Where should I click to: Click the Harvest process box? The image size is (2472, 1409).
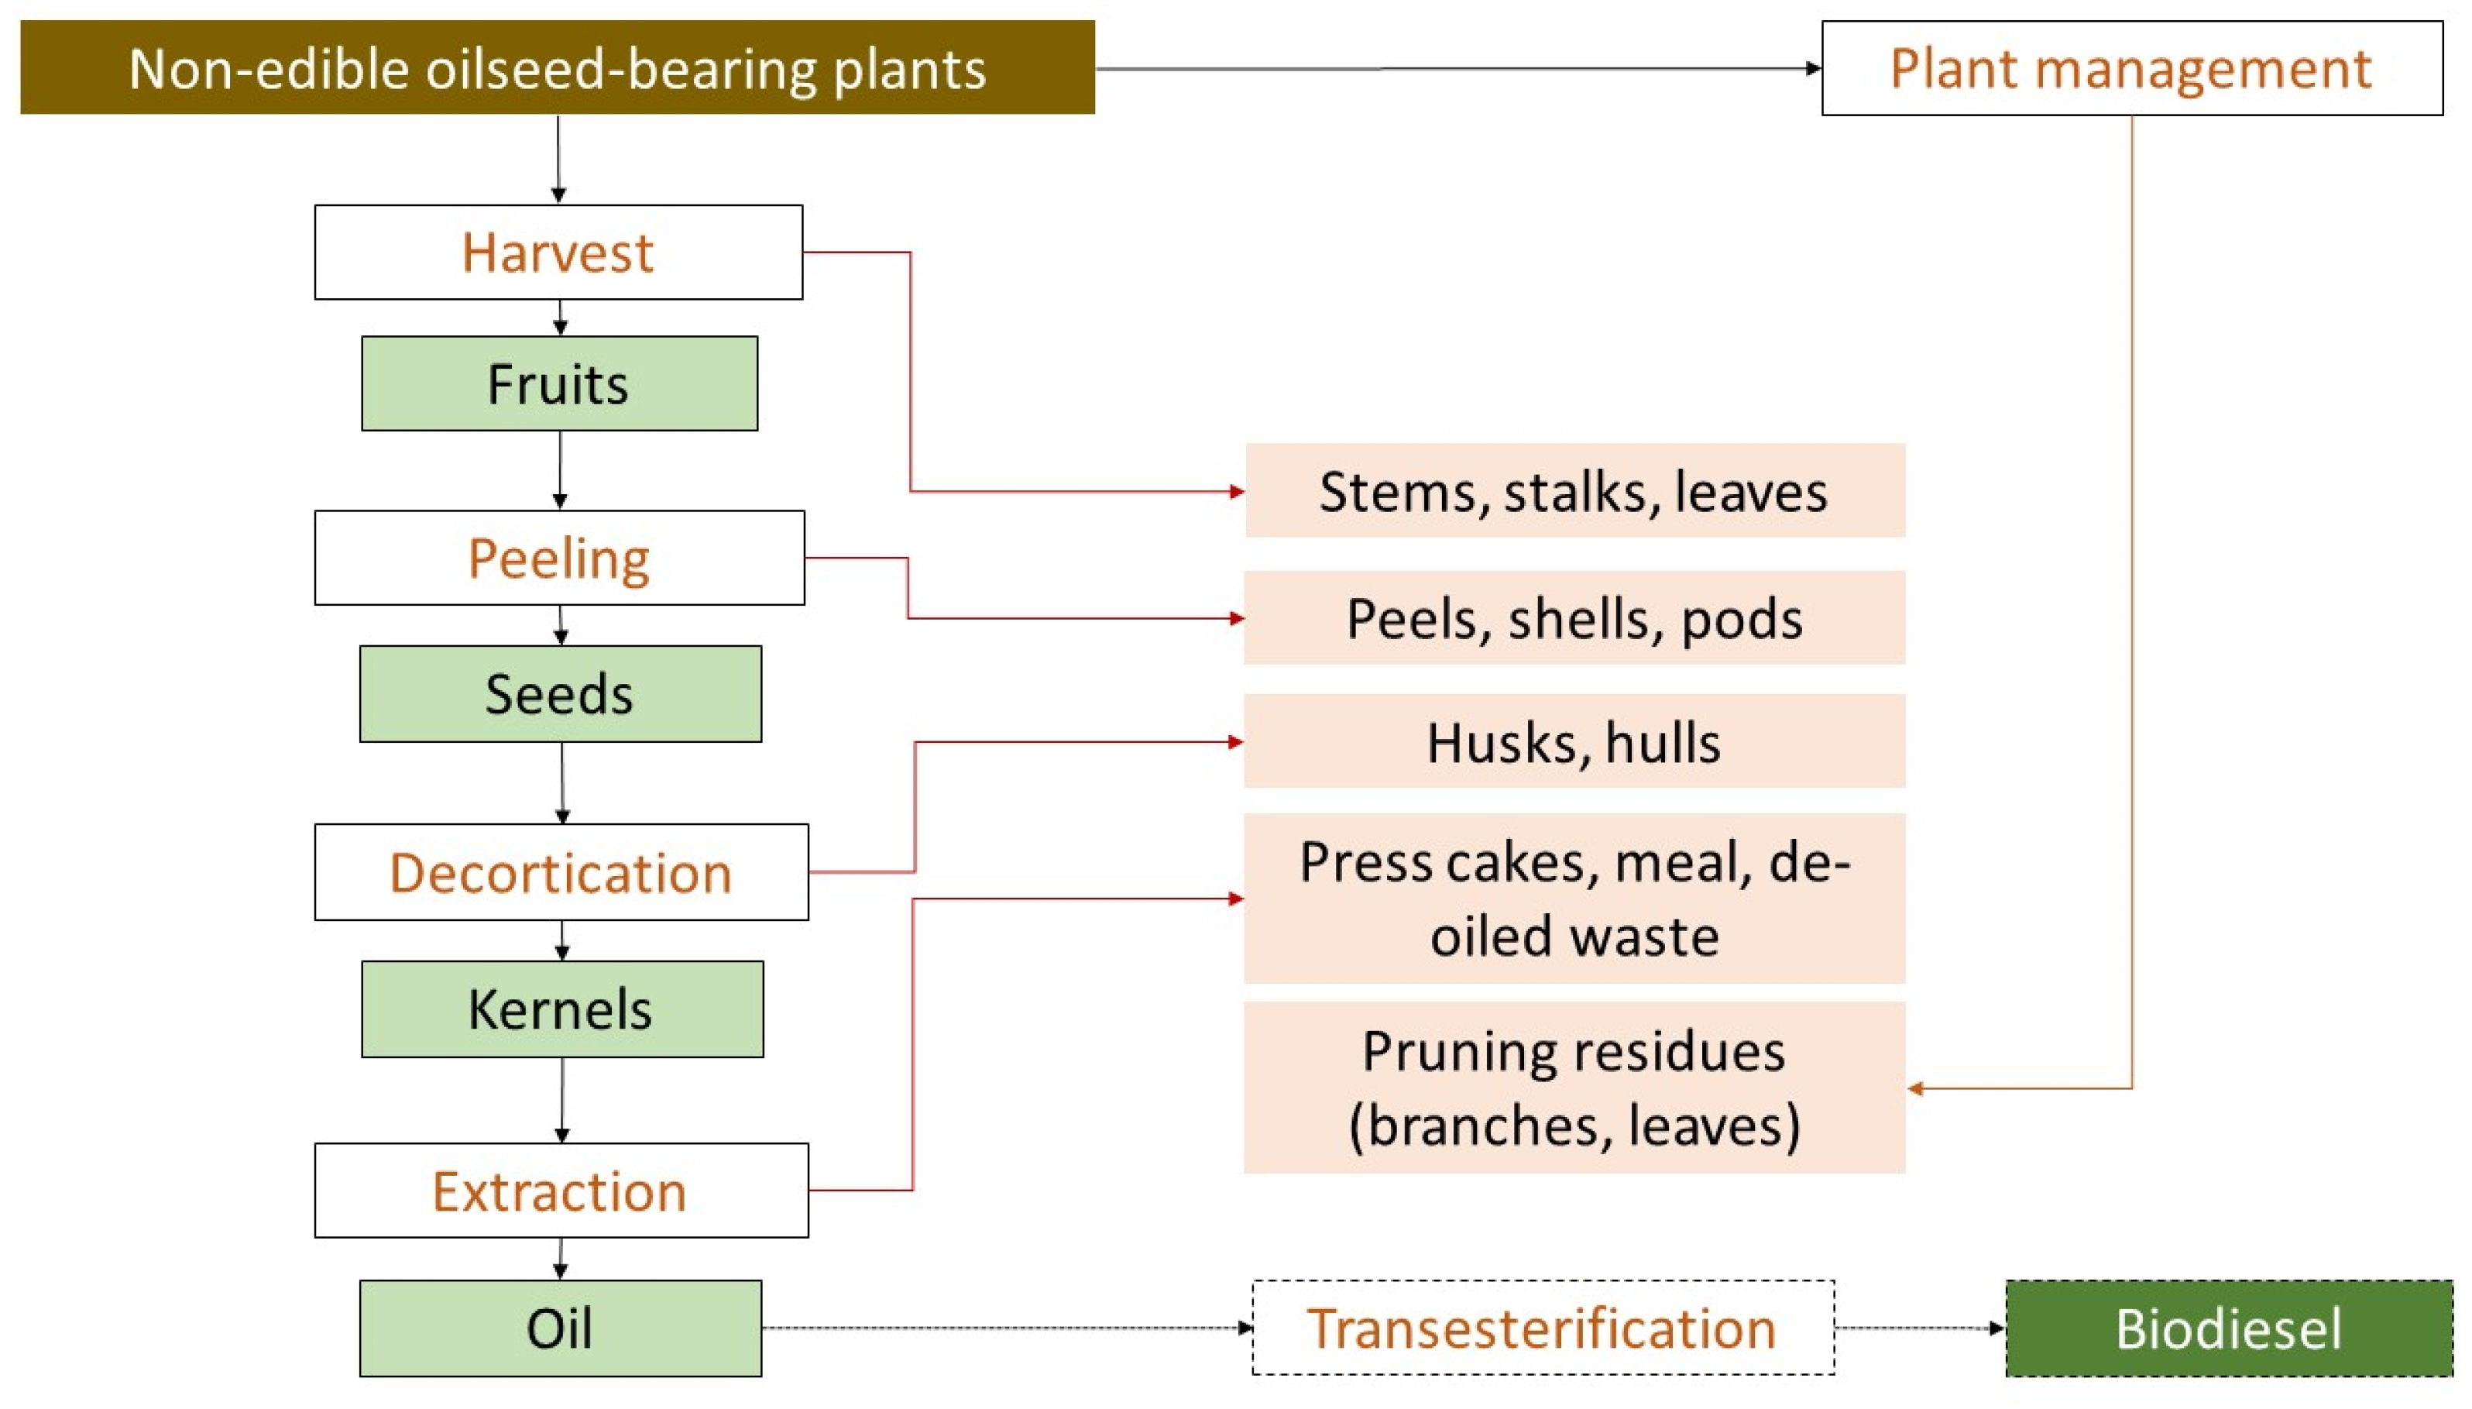[x=558, y=252]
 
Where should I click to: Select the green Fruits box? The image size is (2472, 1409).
[x=559, y=383]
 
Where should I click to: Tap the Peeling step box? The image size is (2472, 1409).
[x=559, y=558]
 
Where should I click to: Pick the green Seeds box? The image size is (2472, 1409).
[x=560, y=694]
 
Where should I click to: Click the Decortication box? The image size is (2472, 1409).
[x=561, y=872]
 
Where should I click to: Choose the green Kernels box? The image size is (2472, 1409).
[x=562, y=1009]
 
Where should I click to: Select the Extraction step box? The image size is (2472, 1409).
[x=561, y=1191]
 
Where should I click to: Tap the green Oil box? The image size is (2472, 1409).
[x=560, y=1328]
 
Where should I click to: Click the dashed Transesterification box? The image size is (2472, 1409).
[x=1542, y=1328]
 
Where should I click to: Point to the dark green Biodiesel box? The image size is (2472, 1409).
[x=2228, y=1328]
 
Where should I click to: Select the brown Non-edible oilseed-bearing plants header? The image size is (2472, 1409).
[x=558, y=67]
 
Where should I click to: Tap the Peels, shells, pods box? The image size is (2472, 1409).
[x=1574, y=617]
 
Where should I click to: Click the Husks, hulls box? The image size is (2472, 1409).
[x=1574, y=741]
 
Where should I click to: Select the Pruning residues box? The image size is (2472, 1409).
[x=1574, y=1087]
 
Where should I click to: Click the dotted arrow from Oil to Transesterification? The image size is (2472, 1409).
[x=1006, y=1328]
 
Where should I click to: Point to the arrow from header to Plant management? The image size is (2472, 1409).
[x=1451, y=69]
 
